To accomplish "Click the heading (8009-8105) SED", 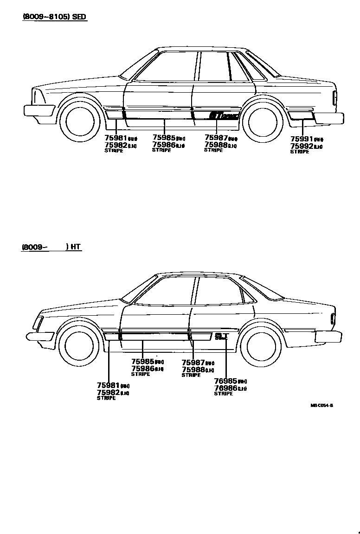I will [x=55, y=17].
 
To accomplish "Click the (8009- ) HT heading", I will [x=51, y=247].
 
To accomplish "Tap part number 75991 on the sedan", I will [x=302, y=139].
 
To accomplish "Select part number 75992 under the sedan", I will [x=302, y=146].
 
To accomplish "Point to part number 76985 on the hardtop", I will [x=225, y=381].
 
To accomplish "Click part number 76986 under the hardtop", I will [x=225, y=388].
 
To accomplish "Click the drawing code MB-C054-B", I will [x=321, y=405].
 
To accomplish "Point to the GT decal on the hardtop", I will [x=221, y=336].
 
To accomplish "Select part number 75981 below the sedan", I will [x=116, y=138].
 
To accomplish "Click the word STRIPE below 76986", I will [x=223, y=394].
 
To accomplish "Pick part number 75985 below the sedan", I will [x=163, y=137].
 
